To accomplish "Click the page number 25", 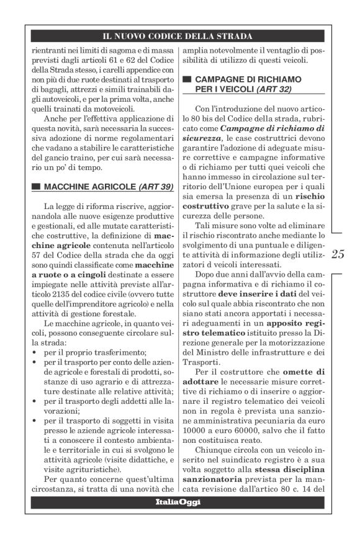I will (339, 254).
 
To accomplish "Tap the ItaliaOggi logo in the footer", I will (178, 502).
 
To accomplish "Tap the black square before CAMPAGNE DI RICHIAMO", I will (186, 80).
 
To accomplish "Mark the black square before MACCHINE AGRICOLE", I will (36, 187).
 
